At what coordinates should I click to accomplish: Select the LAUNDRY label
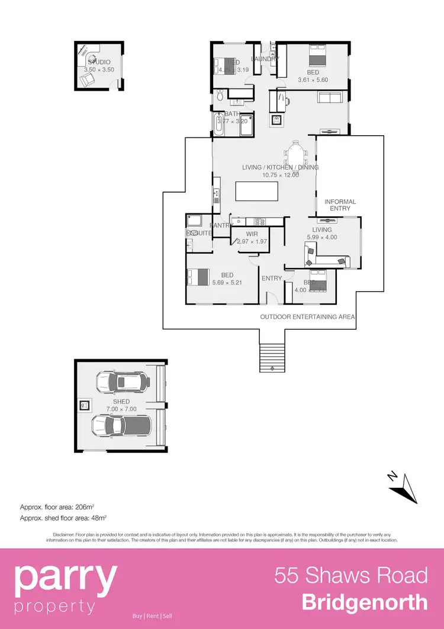(265, 59)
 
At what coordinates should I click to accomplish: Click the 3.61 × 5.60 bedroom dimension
(313, 80)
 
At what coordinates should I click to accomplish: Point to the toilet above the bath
(220, 95)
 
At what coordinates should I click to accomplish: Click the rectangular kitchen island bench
(256, 192)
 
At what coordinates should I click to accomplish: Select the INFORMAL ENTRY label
(340, 205)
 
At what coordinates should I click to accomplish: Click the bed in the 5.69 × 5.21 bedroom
(198, 277)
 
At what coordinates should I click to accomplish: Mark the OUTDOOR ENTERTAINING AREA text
(307, 317)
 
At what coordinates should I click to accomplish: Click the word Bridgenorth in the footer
(365, 602)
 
